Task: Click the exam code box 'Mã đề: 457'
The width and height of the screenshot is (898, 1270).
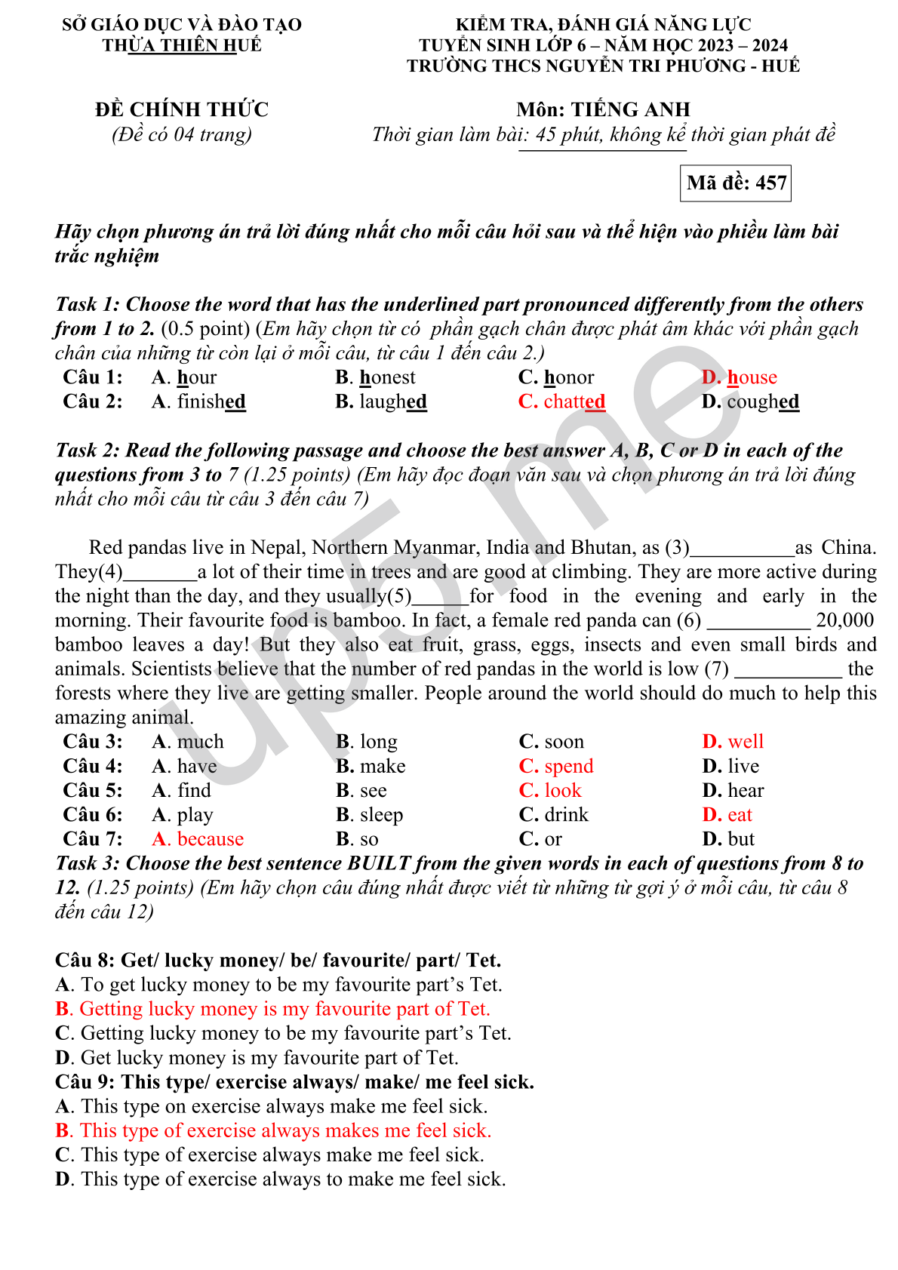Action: (x=736, y=183)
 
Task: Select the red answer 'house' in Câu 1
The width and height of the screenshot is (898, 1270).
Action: (x=751, y=377)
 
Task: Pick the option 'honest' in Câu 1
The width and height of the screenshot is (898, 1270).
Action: (x=386, y=377)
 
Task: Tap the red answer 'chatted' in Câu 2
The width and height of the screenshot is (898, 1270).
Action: (x=574, y=401)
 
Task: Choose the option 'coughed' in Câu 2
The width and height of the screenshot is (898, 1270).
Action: (x=762, y=401)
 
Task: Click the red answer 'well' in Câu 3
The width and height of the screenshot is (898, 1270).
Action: (x=745, y=742)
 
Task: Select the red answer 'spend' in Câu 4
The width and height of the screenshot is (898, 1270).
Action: (x=568, y=767)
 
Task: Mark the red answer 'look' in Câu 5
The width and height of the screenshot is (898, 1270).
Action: (x=562, y=791)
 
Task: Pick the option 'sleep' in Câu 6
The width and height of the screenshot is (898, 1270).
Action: (x=381, y=815)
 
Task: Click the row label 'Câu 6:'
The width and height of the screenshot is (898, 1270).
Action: (x=93, y=815)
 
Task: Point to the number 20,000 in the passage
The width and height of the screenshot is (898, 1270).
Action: (x=844, y=620)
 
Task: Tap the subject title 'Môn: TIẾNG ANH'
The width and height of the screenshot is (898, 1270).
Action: (x=603, y=110)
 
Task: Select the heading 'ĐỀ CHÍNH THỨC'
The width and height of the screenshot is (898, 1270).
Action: (x=182, y=110)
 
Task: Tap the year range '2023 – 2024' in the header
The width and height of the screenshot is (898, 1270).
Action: (x=743, y=45)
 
